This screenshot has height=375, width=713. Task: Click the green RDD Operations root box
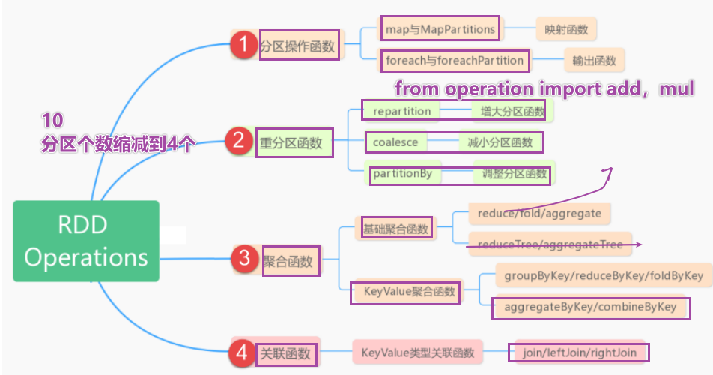pyautogui.click(x=86, y=241)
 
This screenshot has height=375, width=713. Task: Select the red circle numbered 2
pyautogui.click(x=239, y=141)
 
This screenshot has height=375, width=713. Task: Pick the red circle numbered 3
pyautogui.click(x=244, y=259)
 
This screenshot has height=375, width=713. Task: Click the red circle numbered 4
pyautogui.click(x=240, y=351)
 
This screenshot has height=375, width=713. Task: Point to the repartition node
pyautogui.click(x=401, y=111)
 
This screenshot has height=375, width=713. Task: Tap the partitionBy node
pyautogui.click(x=402, y=174)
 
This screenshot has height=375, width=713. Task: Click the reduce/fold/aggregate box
pyautogui.click(x=539, y=214)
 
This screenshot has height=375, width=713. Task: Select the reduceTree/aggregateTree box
pyautogui.click(x=550, y=243)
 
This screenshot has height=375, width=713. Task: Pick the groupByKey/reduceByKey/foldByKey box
pyautogui.click(x=603, y=275)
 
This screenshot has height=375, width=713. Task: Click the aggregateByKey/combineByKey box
pyautogui.click(x=590, y=307)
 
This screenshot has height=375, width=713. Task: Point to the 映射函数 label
pyautogui.click(x=566, y=29)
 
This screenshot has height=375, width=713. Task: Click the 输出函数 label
pyautogui.click(x=595, y=59)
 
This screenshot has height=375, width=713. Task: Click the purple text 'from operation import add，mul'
pyautogui.click(x=544, y=88)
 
